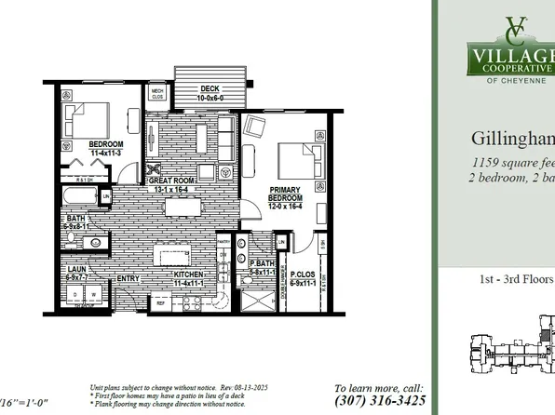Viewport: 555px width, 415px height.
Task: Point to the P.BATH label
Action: tap(264, 265)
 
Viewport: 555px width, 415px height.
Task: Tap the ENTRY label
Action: tap(128, 276)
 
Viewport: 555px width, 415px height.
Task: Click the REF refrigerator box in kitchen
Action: tap(159, 302)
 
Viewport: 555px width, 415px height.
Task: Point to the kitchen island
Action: tap(176, 253)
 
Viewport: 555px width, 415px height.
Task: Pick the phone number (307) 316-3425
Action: tap(380, 401)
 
